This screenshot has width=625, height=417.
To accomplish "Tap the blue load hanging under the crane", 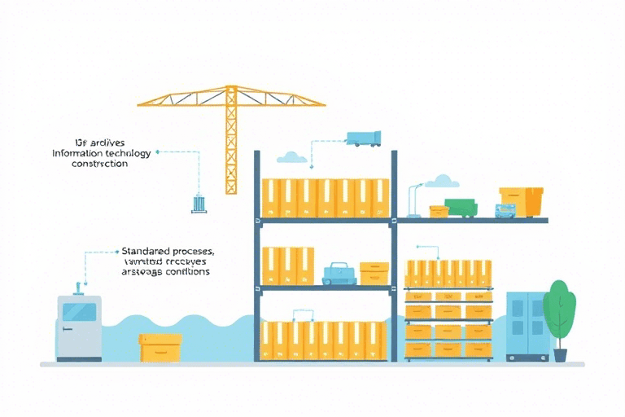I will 199,204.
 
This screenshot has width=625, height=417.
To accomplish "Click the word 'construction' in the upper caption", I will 99,164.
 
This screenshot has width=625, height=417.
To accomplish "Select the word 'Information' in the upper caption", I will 78,153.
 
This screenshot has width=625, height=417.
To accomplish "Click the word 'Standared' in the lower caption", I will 144,252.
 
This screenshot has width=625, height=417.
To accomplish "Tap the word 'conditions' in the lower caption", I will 186,272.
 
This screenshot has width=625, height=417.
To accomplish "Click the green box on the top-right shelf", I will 461,208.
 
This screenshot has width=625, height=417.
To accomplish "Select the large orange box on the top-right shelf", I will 521,201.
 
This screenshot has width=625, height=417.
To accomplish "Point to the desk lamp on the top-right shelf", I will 415,202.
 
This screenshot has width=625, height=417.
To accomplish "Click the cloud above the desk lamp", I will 441,180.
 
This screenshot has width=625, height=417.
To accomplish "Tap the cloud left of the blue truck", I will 291,156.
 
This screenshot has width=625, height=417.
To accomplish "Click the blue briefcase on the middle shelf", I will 339,274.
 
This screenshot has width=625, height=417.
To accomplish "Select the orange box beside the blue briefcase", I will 374,273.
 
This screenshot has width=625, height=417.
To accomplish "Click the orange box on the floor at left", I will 160,348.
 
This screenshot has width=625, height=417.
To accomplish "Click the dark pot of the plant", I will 560,355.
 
